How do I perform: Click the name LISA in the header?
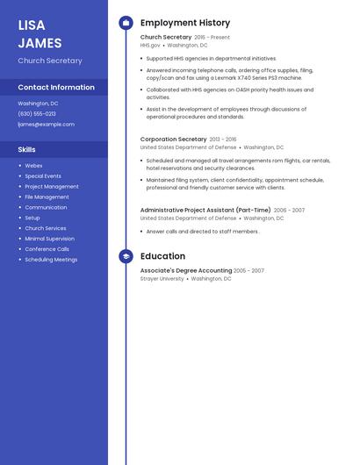tap(32, 25)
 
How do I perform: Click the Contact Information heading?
tap(56, 87)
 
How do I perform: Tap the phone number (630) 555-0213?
tap(37, 114)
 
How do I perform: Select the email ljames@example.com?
tap(46, 125)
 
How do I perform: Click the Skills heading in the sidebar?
tap(27, 149)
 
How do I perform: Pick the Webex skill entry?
tap(33, 165)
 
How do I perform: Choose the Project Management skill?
tap(52, 186)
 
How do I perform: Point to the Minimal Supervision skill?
tap(49, 239)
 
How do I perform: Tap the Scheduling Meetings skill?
tap(51, 260)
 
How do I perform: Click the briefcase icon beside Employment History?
tap(126, 23)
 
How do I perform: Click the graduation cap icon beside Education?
tap(126, 256)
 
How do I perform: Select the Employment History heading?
tap(185, 23)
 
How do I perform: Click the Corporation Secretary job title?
tap(173, 139)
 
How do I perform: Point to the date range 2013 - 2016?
tap(223, 139)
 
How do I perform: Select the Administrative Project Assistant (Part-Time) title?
tap(205, 211)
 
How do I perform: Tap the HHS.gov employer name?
tap(150, 45)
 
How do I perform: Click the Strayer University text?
tap(162, 278)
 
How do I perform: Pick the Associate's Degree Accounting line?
tap(185, 270)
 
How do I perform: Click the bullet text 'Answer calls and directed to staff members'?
tap(203, 232)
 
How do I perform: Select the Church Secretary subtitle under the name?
tap(50, 61)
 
